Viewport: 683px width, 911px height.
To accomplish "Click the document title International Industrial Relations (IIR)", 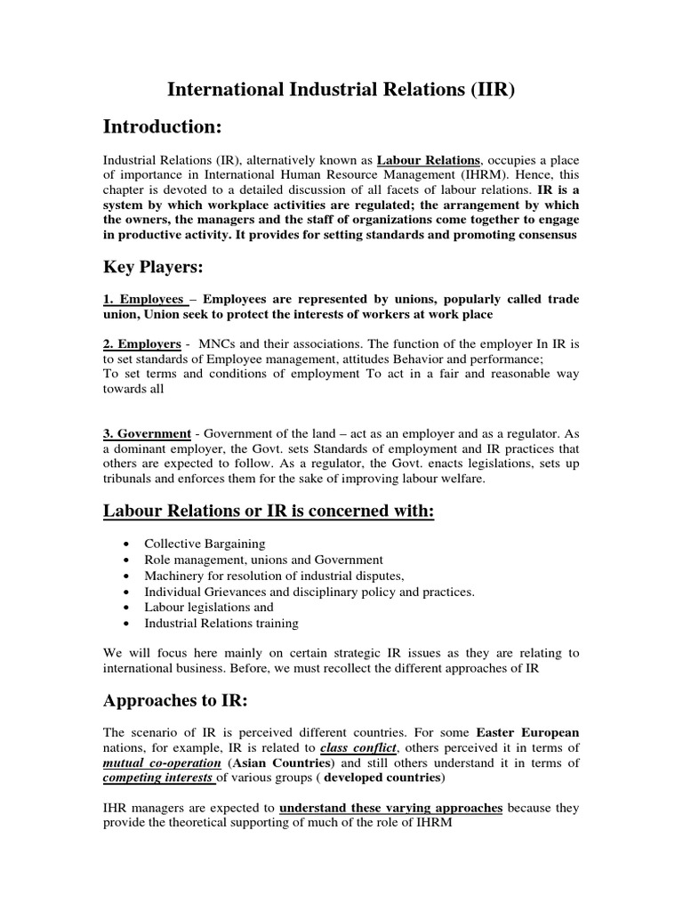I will point(341,91).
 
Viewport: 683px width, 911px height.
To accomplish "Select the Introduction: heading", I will point(163,127).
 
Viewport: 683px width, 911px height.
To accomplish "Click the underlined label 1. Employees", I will point(144,300).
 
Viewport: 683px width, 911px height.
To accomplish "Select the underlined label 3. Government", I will point(148,433).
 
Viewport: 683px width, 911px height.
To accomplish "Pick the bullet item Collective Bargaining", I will point(205,544).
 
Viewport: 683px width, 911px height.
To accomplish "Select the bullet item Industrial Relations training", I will point(221,623).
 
